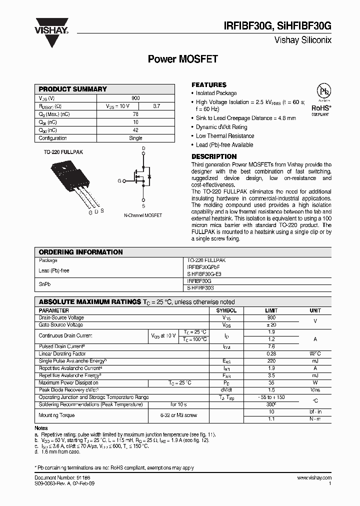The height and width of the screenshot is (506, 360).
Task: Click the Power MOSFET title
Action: click(x=182, y=59)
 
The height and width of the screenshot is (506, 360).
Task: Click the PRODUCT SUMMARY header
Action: click(x=73, y=89)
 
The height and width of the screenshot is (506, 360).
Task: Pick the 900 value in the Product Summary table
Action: click(x=135, y=98)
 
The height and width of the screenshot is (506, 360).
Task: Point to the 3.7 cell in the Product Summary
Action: click(x=156, y=106)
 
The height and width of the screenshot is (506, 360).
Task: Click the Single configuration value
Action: click(x=135, y=138)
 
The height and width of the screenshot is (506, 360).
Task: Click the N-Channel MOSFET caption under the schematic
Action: click(x=143, y=215)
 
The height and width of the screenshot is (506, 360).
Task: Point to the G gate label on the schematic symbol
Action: click(x=119, y=180)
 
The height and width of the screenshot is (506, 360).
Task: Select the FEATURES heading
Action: click(x=209, y=85)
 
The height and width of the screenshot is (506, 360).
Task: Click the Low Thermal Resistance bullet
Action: click(x=225, y=136)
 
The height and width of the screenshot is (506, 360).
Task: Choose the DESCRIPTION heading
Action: click(x=214, y=156)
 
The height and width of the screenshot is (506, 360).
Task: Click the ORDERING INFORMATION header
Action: click(x=80, y=252)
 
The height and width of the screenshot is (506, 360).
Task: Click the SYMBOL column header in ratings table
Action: click(x=226, y=310)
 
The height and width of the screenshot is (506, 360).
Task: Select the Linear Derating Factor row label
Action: click(x=62, y=354)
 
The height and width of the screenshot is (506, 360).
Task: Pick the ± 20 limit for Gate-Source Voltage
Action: click(x=271, y=325)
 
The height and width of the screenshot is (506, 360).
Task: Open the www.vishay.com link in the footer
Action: click(x=314, y=478)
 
